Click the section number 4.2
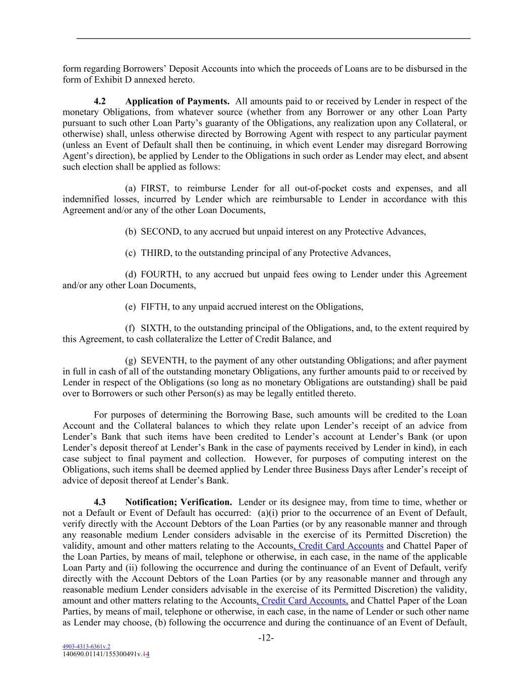point(100,101)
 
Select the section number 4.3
point(100,502)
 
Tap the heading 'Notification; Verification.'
point(179,502)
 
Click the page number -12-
point(266,638)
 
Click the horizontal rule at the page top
point(273,38)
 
